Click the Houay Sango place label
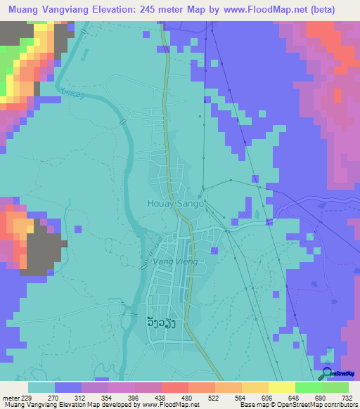pos(176,203)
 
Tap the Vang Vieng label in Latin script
pos(170,261)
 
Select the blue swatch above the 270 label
pos(67,387)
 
